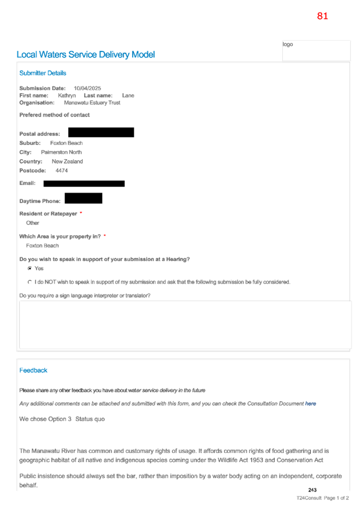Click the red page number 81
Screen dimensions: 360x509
[322, 16]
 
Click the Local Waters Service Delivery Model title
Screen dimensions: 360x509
[86, 55]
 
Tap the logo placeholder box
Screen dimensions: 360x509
[316, 51]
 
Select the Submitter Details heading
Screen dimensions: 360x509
[42, 73]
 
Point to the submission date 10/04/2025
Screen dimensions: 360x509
[87, 88]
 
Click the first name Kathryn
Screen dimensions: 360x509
[67, 95]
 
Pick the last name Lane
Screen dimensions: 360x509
[128, 95]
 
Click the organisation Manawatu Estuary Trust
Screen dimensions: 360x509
[92, 103]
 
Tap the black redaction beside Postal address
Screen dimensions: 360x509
[101, 133]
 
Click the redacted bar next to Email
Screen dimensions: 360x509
[84, 184]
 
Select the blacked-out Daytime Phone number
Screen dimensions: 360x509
[84, 198]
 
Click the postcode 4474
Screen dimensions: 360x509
[62, 170]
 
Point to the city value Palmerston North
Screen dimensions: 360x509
[62, 152]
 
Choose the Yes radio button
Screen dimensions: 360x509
[30, 269]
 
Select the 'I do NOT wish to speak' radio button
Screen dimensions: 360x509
[30, 282]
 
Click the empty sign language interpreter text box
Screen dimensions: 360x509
[185, 325]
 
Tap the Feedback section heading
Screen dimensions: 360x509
[33, 370]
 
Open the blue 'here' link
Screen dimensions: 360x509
[311, 403]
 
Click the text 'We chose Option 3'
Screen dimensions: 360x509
[45, 419]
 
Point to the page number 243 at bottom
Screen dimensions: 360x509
[312, 490]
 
